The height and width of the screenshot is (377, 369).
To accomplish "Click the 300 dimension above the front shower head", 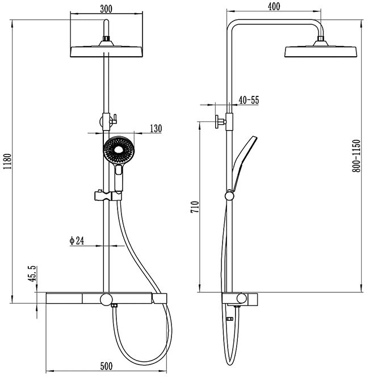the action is [106, 9].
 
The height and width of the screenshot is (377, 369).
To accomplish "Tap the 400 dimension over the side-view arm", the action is [274, 6].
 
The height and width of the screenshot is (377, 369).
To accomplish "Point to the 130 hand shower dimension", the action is [156, 129].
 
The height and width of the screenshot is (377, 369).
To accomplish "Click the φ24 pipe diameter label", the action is [77, 240].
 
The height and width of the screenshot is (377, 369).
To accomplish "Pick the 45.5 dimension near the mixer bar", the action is [32, 274].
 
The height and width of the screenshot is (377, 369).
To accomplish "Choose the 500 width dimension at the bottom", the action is [106, 366].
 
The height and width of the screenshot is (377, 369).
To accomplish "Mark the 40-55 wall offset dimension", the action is [249, 100].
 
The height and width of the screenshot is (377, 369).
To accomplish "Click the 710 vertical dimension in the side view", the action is [195, 207].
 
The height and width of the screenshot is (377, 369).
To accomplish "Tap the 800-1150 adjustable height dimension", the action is [357, 156].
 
